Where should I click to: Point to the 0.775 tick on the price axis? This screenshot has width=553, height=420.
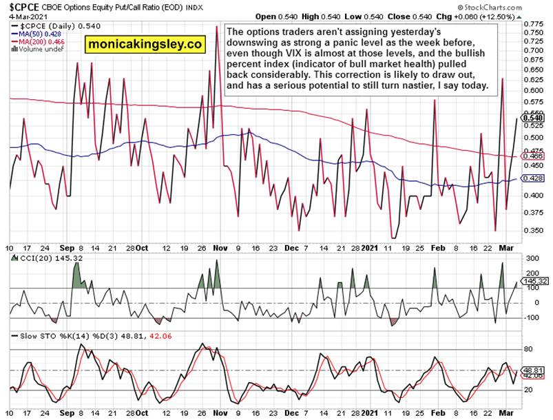pos(533,24)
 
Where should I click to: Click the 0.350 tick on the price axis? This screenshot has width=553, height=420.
pos(533,231)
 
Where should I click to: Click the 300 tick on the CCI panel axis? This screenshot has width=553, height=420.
pos(532,258)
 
